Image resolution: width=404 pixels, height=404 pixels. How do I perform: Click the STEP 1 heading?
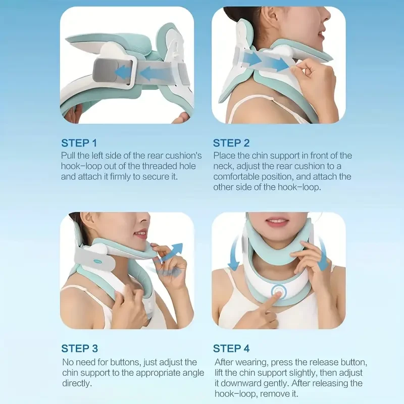pyautogui.click(x=79, y=143)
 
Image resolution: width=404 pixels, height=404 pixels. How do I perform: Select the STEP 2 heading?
pyautogui.click(x=231, y=143)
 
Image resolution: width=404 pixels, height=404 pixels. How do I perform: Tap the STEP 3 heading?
pyautogui.click(x=79, y=348)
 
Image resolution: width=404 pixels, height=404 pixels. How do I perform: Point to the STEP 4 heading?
pyautogui.click(x=231, y=348)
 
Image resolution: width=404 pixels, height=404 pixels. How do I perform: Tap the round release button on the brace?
pyautogui.click(x=277, y=291)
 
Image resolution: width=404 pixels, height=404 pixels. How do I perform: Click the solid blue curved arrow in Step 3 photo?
pyautogui.click(x=173, y=252)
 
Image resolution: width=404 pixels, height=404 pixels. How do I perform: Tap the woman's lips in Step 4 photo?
pyautogui.click(x=277, y=222)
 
